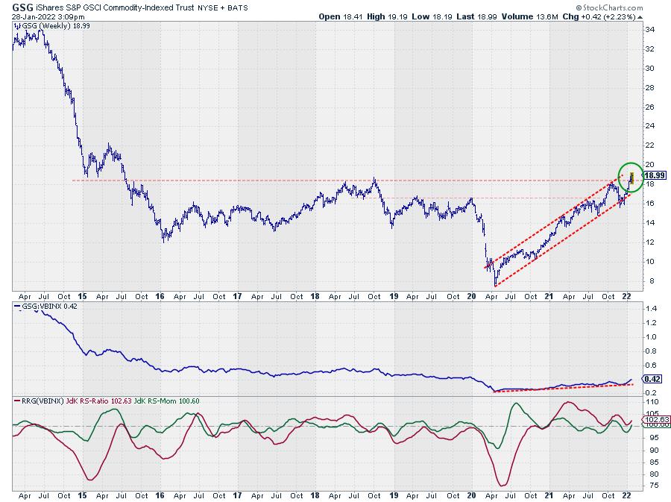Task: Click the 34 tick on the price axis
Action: (x=649, y=30)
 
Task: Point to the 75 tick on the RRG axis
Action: (x=649, y=486)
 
